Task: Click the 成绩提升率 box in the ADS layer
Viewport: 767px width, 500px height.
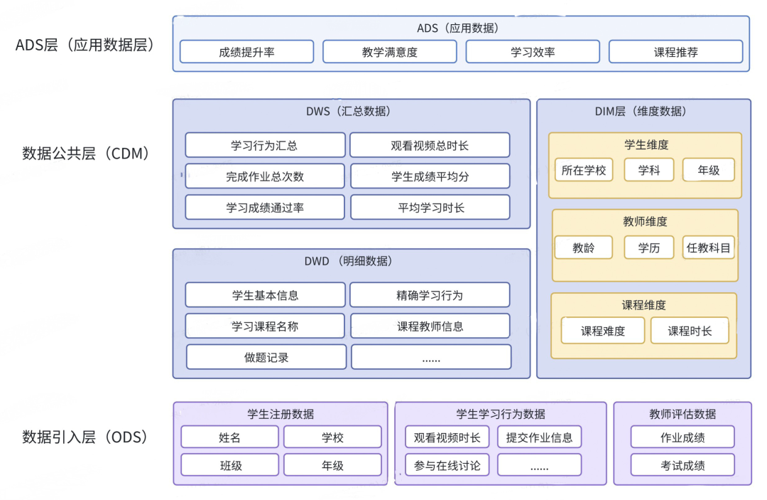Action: pyautogui.click(x=246, y=52)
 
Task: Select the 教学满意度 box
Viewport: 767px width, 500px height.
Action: pyautogui.click(x=390, y=52)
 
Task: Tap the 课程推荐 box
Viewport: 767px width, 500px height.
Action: pyautogui.click(x=675, y=52)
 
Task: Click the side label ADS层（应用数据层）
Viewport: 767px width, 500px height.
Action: pyautogui.click(x=85, y=46)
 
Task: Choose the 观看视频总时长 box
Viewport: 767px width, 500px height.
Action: pyautogui.click(x=430, y=145)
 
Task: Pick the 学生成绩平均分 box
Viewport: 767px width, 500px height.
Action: pyautogui.click(x=430, y=176)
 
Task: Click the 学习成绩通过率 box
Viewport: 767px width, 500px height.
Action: pyautogui.click(x=265, y=208)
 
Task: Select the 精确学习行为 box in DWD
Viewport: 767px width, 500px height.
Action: pyautogui.click(x=430, y=295)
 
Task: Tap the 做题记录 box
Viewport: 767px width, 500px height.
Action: pyautogui.click(x=266, y=358)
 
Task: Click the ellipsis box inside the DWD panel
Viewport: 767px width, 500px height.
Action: pyautogui.click(x=431, y=358)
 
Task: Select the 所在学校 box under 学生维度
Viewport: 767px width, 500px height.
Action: pyautogui.click(x=584, y=170)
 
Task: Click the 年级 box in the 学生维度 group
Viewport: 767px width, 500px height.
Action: pyautogui.click(x=708, y=170)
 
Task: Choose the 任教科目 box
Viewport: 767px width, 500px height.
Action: pyautogui.click(x=708, y=248)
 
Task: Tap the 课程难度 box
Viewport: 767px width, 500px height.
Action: pyautogui.click(x=603, y=331)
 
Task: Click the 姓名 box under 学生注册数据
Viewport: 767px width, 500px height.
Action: pyautogui.click(x=230, y=437)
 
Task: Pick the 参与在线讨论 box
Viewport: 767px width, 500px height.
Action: pyautogui.click(x=447, y=465)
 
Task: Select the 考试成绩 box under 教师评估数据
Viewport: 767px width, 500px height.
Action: pyautogui.click(x=682, y=465)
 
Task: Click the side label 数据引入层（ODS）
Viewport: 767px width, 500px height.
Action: pyautogui.click(x=85, y=437)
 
